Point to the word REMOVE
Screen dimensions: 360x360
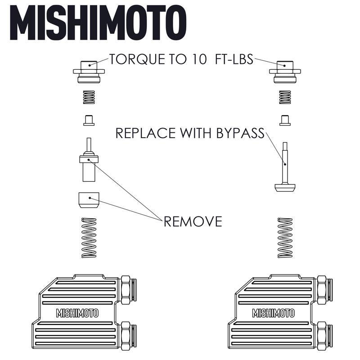[193, 221]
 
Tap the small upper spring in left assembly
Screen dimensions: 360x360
[89, 98]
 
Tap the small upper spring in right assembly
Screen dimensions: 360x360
[284, 98]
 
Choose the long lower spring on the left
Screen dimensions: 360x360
[89, 237]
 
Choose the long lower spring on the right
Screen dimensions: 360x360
[284, 237]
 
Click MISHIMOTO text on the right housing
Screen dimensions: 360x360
[273, 313]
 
